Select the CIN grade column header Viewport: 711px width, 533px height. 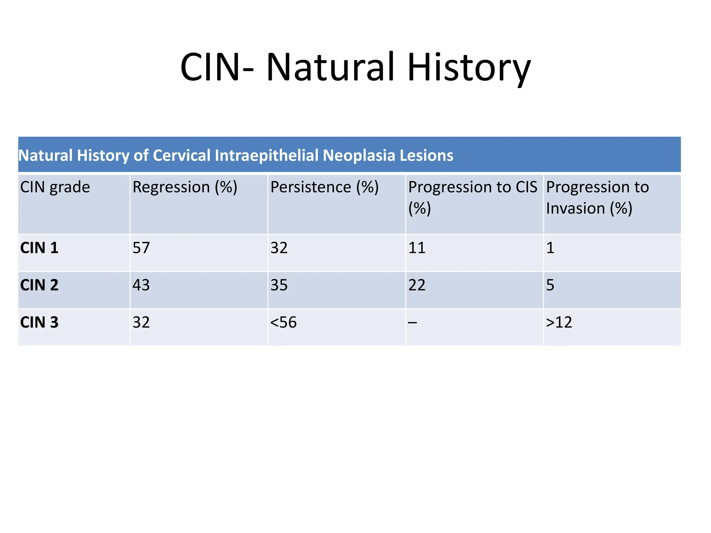pos(55,187)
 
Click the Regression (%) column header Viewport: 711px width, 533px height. pos(185,187)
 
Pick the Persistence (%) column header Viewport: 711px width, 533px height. pos(324,187)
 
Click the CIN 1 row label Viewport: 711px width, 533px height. pos(39,248)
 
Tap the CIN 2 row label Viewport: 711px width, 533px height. pos(39,285)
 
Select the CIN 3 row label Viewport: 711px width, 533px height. pos(39,322)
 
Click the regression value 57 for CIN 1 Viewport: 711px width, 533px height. pos(141,248)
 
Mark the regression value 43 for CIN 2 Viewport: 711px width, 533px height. pos(141,285)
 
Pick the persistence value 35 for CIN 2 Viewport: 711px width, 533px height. pos(279,285)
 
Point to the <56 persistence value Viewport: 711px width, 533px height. pos(283,322)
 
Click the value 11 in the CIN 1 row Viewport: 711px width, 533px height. pos(417,248)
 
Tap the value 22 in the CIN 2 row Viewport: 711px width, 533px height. pos(417,285)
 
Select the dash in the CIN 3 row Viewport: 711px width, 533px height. pos(412,323)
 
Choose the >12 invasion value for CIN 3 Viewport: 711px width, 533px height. pos(559,322)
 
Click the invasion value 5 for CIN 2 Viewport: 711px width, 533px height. pos(550,285)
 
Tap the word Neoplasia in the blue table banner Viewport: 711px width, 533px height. pos(359,155)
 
